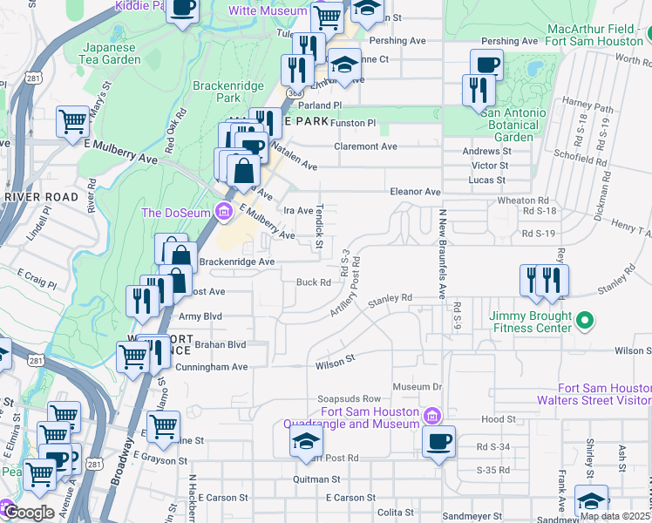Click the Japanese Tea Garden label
point(112,53)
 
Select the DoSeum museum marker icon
point(224,211)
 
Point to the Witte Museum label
point(268,11)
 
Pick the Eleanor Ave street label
point(415,191)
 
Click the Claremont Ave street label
point(365,146)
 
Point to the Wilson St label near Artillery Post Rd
point(336,357)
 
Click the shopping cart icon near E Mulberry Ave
point(72,122)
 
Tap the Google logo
point(29,512)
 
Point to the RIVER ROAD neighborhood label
point(40,198)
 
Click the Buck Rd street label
point(313,282)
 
